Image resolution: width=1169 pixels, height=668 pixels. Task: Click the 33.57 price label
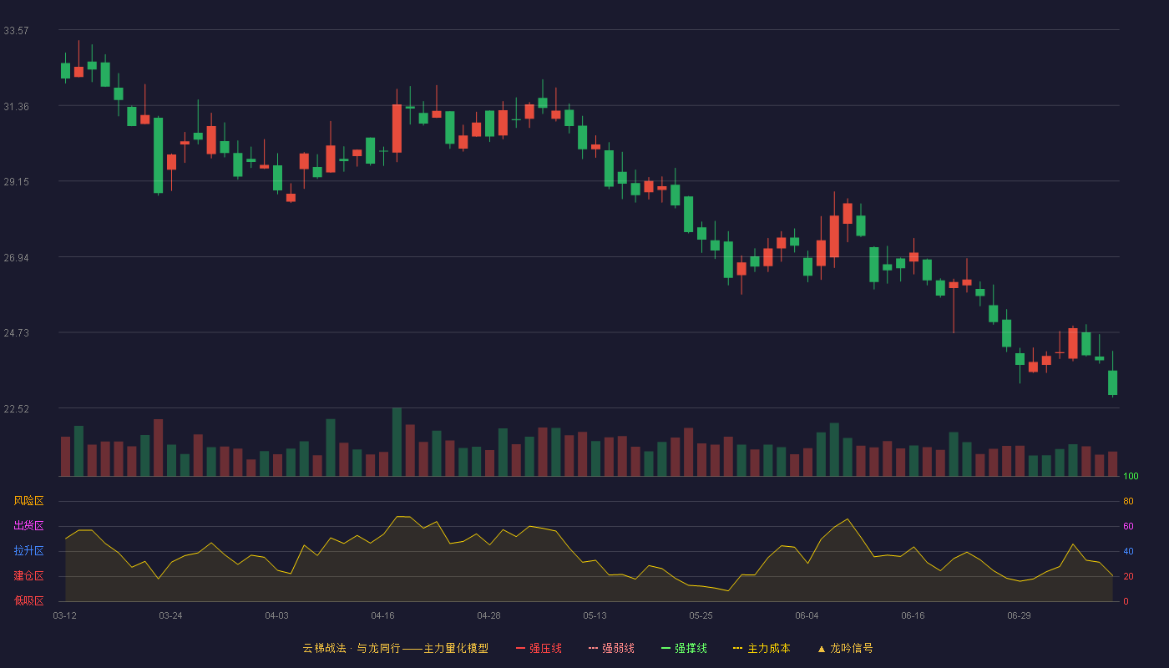click(x=16, y=31)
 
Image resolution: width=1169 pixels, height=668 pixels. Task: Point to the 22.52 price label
click(x=16, y=408)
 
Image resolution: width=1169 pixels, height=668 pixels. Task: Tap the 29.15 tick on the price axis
click(x=16, y=182)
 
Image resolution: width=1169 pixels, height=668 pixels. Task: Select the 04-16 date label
click(x=382, y=615)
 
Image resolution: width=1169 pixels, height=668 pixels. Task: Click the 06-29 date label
click(x=1019, y=615)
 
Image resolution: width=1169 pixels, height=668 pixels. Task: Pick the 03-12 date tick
click(x=65, y=615)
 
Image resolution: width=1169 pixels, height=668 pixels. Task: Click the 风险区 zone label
click(x=28, y=500)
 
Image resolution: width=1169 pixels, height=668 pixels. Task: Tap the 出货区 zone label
click(x=28, y=525)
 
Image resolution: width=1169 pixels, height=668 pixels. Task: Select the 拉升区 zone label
click(x=28, y=550)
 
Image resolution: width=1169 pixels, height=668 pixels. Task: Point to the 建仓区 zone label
click(x=28, y=575)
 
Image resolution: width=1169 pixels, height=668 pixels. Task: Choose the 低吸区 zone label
click(x=28, y=600)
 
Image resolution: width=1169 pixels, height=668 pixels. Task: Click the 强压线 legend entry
click(x=539, y=648)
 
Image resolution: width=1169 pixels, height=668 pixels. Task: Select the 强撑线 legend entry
click(x=684, y=648)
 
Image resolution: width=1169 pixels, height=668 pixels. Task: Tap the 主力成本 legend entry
click(x=762, y=648)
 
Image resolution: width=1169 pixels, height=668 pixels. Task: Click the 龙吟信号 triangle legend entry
click(x=845, y=648)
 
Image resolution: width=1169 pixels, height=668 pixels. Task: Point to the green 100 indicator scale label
click(x=1131, y=476)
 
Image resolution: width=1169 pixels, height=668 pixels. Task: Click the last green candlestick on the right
click(x=1112, y=382)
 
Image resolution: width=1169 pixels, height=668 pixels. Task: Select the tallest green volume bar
click(x=397, y=442)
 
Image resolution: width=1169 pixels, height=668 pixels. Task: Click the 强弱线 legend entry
click(x=611, y=648)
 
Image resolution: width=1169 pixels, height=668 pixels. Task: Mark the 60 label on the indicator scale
click(x=1128, y=526)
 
